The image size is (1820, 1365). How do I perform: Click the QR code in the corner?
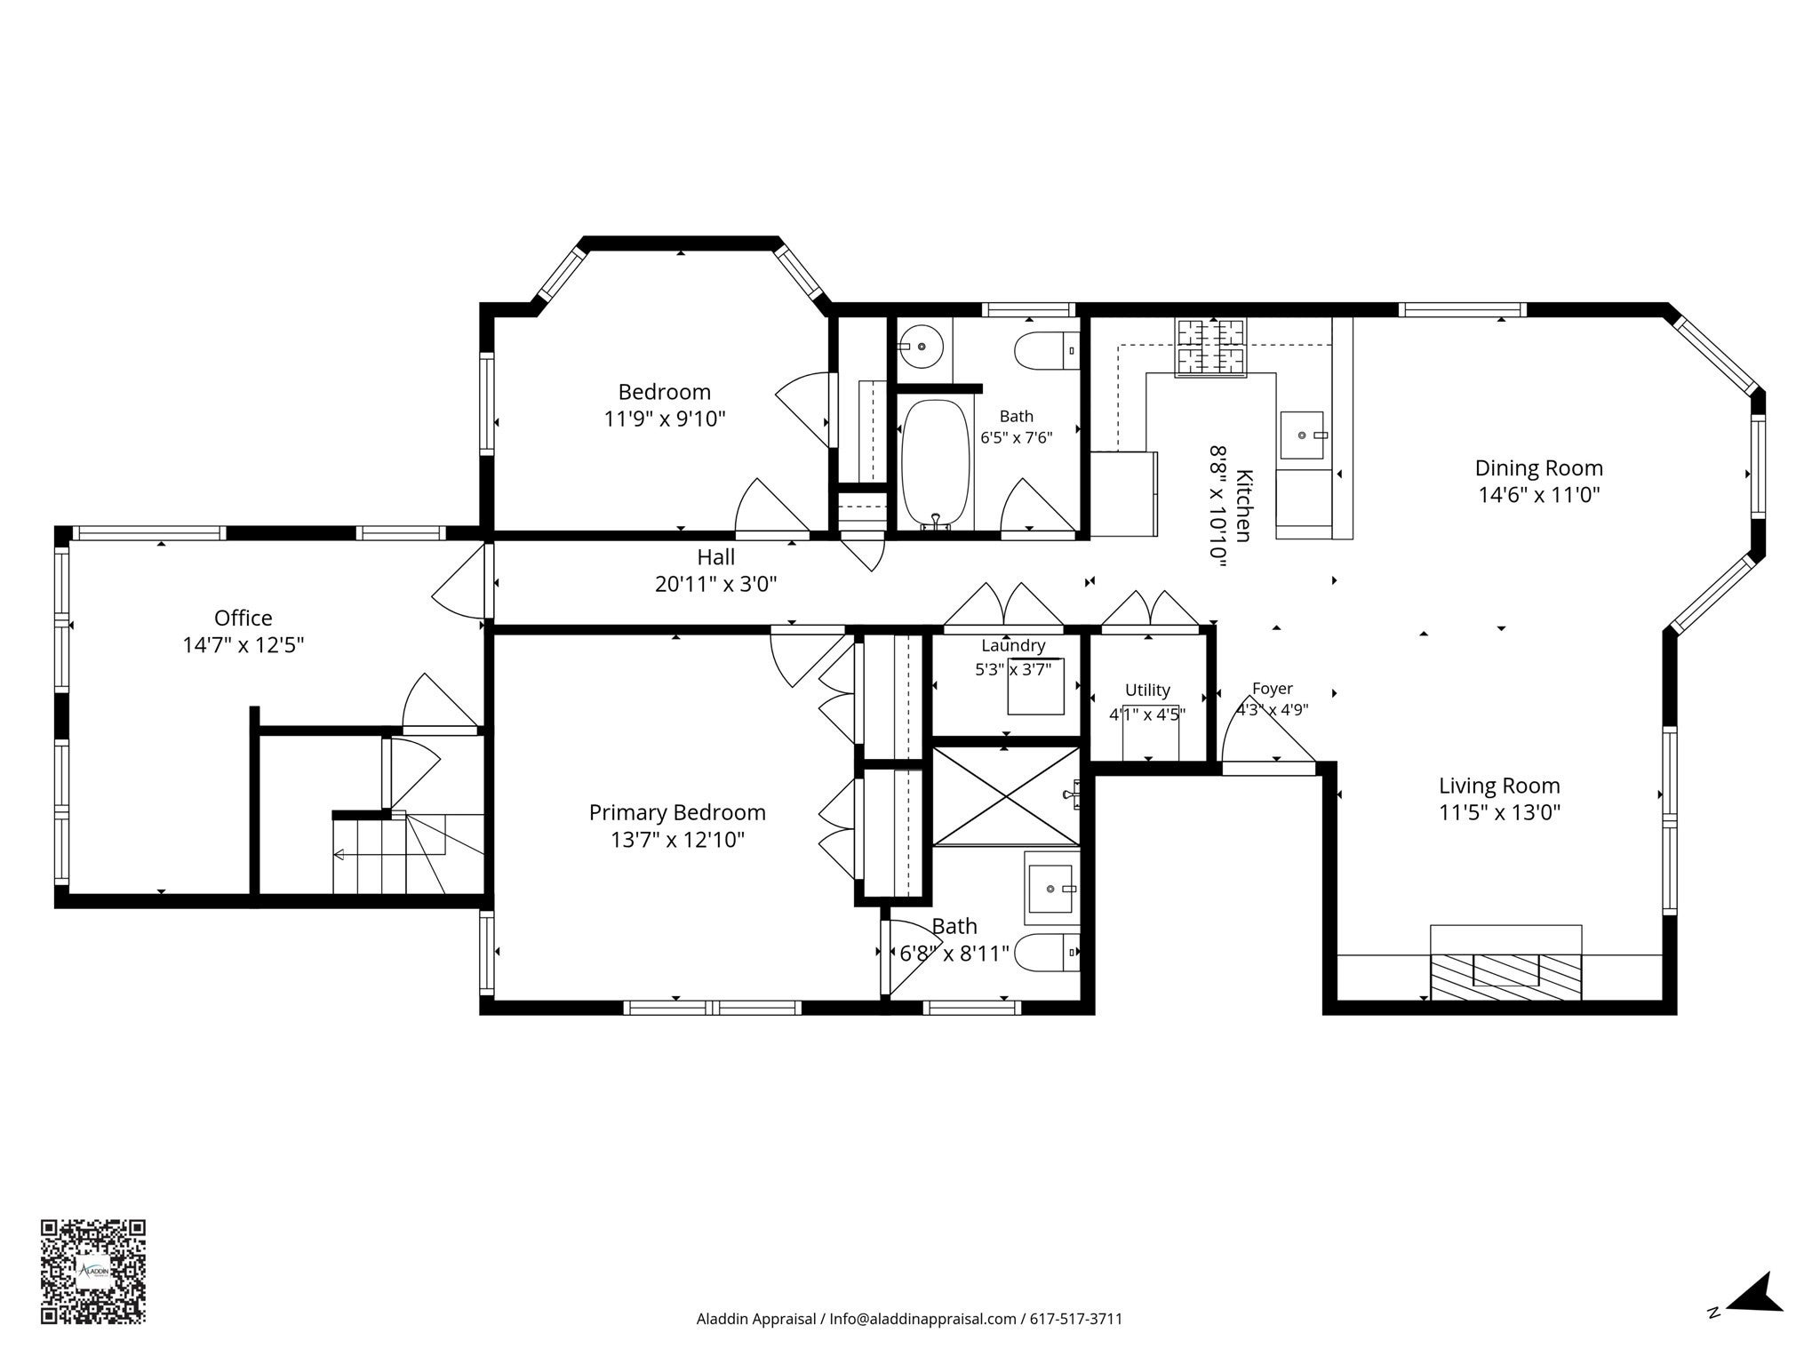(92, 1272)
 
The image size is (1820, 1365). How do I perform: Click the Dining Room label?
(1539, 468)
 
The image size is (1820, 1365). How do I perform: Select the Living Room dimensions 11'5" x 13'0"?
(1500, 812)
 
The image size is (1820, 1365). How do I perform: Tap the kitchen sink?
(1302, 435)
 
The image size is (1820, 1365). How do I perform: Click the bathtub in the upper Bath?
(935, 465)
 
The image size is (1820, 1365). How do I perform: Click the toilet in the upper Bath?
(1047, 351)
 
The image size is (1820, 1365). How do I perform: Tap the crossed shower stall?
(1006, 795)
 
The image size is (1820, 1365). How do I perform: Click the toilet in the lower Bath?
(1047, 954)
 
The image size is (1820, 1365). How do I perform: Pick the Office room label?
(243, 618)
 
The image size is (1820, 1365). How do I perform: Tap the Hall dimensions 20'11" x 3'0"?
(715, 584)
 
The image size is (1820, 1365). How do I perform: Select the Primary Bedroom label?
(677, 812)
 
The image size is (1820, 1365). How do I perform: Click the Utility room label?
(1147, 690)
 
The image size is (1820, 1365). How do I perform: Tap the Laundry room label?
(1013, 646)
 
